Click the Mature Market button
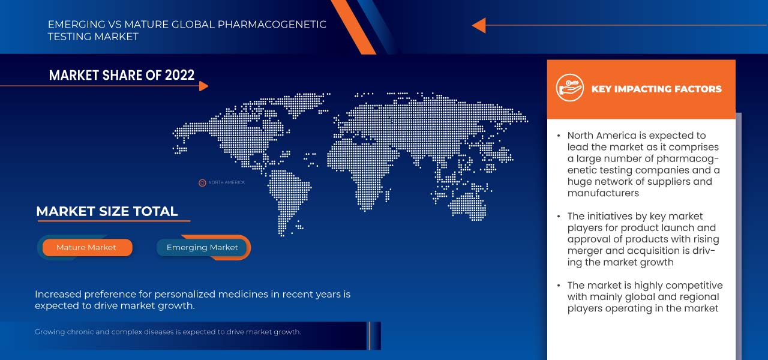86,247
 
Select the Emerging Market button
202,247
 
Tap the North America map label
226,182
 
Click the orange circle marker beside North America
202,182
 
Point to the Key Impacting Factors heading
656,89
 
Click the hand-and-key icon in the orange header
569,88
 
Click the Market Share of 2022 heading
122,75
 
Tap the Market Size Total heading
107,211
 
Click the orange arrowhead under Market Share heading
203,86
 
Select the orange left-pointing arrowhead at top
479,25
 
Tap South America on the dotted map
287,192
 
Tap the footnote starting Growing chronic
168,332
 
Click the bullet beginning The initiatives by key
642,239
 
